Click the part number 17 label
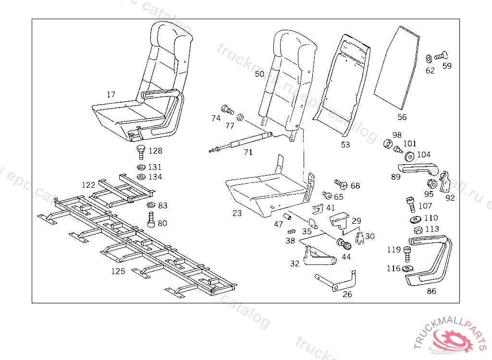pyautogui.click(x=111, y=95)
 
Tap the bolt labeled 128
pyautogui.click(x=141, y=152)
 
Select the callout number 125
pyautogui.click(x=118, y=271)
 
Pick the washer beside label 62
pyautogui.click(x=429, y=59)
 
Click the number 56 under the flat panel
pyautogui.click(x=402, y=117)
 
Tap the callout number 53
pyautogui.click(x=345, y=144)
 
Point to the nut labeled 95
pyautogui.click(x=431, y=183)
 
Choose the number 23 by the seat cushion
pyautogui.click(x=237, y=213)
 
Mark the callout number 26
pyautogui.click(x=347, y=294)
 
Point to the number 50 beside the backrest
pyautogui.click(x=259, y=74)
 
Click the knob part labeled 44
pyautogui.click(x=344, y=244)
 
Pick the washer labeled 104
pyautogui.click(x=410, y=156)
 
